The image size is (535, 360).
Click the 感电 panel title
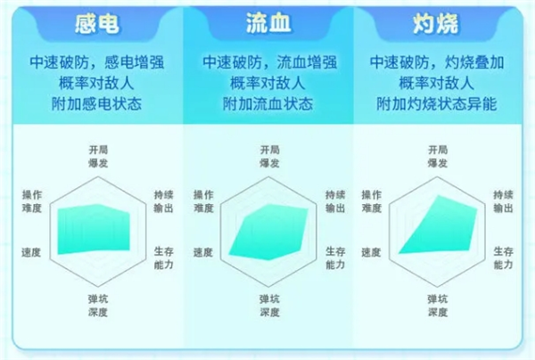97,24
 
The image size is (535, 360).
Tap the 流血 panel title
268,23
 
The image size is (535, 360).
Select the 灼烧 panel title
436,24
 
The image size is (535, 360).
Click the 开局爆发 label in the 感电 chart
98,157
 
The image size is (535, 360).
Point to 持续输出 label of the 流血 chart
335,201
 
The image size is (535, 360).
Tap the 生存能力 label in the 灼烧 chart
503,258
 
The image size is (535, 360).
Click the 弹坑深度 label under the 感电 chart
98,306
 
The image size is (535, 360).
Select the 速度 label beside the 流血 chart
203,252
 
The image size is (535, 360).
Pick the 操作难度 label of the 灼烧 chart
372,201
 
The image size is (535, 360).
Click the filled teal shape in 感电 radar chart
94,229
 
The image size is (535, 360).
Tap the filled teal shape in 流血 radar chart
268,232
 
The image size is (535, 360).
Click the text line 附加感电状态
97,103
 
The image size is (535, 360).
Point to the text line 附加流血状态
268,103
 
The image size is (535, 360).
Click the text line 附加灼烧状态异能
437,103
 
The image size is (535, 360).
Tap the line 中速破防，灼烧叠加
437,62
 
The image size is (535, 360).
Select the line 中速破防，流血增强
270,62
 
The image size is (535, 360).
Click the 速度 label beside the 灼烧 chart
371,252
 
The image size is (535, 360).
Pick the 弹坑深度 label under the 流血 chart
269,306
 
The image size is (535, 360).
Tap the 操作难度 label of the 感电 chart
32,201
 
